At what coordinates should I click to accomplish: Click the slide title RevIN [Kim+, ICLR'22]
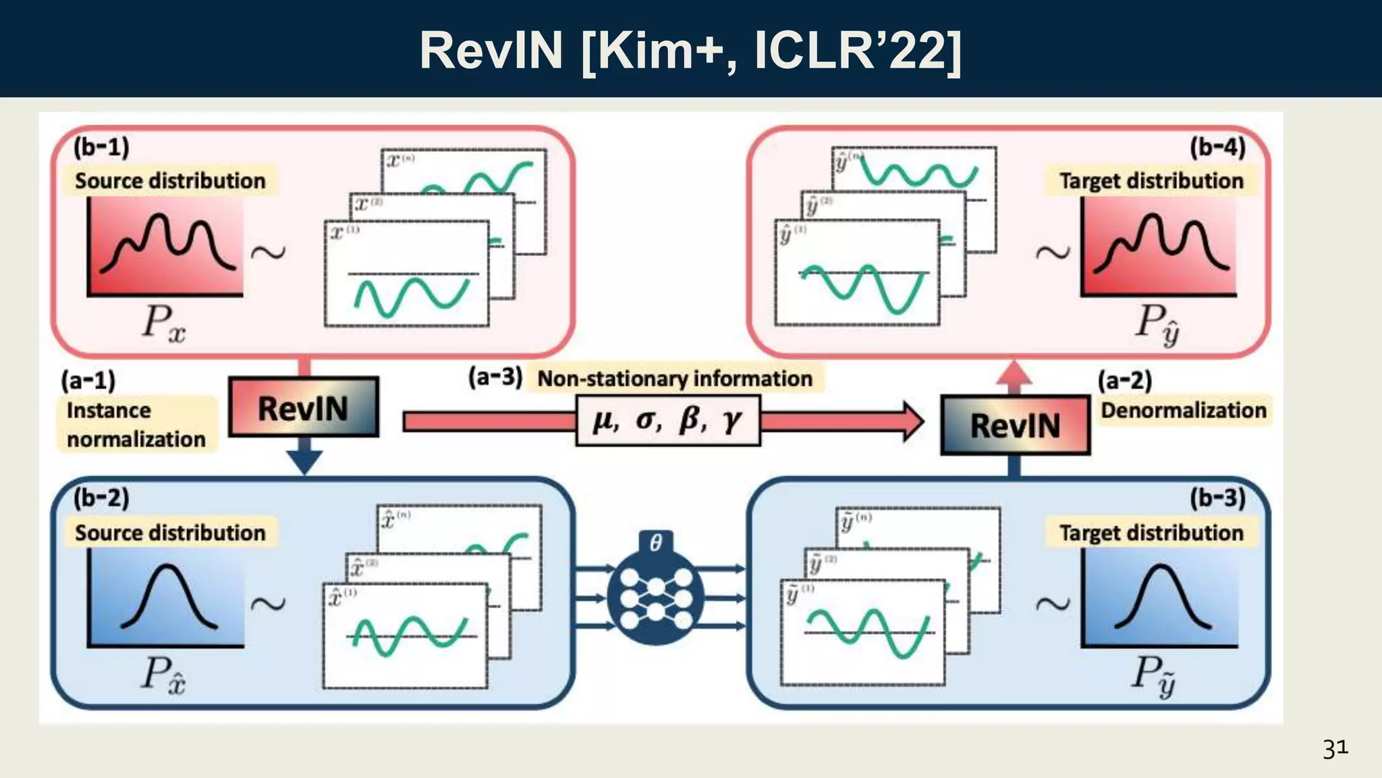[690, 51]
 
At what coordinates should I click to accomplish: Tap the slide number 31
[1335, 749]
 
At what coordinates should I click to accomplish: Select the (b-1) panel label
[101, 147]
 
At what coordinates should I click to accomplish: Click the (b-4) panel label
[1217, 147]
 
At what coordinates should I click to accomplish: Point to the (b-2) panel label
[101, 498]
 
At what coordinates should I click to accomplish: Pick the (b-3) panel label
[1217, 498]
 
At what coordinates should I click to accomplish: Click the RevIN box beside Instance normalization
[304, 408]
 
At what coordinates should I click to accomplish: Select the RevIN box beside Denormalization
[1015, 425]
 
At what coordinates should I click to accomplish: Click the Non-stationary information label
[675, 379]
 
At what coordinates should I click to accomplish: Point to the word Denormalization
[1184, 410]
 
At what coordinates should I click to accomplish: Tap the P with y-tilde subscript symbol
[1155, 675]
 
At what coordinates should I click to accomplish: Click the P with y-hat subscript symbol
[1157, 323]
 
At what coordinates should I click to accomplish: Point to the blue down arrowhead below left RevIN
[304, 462]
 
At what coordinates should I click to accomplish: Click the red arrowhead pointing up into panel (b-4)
[1014, 373]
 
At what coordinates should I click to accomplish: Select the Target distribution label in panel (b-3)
[1151, 533]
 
